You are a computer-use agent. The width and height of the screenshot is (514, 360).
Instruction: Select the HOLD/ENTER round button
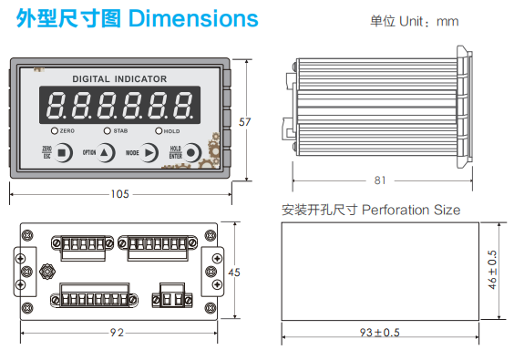(x=193, y=153)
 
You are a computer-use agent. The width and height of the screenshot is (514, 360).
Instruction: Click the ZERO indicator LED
(x=55, y=131)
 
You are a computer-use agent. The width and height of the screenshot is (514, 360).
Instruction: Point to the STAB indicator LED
(x=108, y=131)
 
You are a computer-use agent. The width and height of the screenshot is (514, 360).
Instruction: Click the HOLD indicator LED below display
(x=159, y=131)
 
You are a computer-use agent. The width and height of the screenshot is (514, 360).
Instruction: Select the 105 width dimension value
(x=119, y=193)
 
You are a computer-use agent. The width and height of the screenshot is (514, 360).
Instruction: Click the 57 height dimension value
(x=243, y=121)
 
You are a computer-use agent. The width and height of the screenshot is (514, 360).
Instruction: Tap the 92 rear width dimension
(x=117, y=332)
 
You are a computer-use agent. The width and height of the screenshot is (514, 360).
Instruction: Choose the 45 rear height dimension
(x=233, y=273)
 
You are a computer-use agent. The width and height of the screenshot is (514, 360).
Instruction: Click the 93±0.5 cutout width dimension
(x=379, y=332)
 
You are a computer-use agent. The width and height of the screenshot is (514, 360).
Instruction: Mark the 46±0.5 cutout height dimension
(x=493, y=271)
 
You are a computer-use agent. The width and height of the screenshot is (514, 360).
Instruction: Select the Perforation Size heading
(x=411, y=210)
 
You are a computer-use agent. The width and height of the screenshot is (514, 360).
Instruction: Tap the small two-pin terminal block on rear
(x=172, y=295)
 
